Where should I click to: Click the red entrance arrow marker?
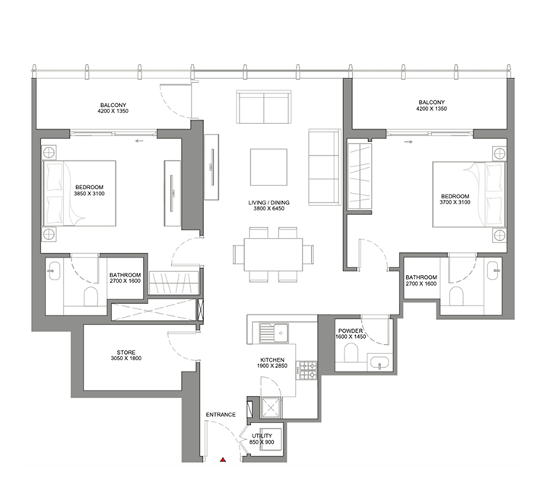coord(224,460)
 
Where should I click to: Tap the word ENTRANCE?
coord(221,414)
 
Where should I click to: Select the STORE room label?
coord(126,353)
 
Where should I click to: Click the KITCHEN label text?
coord(272,360)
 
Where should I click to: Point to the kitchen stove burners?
coord(308,370)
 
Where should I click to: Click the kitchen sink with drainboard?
coord(274,333)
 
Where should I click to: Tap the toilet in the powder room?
coord(351,352)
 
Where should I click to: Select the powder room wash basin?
coord(379,362)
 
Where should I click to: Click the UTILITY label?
coord(262,435)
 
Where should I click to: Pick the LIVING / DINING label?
coord(268,202)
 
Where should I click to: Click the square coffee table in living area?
coord(268,167)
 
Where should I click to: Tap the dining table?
coord(273,255)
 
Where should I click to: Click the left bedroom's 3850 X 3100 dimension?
coord(89,194)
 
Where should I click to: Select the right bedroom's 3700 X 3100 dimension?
coord(455,202)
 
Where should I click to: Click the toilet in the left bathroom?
coord(91,296)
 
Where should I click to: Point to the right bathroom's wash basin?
coord(493,270)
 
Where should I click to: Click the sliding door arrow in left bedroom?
coord(139,141)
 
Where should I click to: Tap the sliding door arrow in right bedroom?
coord(408,142)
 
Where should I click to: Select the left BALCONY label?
coord(113,105)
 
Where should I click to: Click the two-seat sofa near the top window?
coord(264,106)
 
